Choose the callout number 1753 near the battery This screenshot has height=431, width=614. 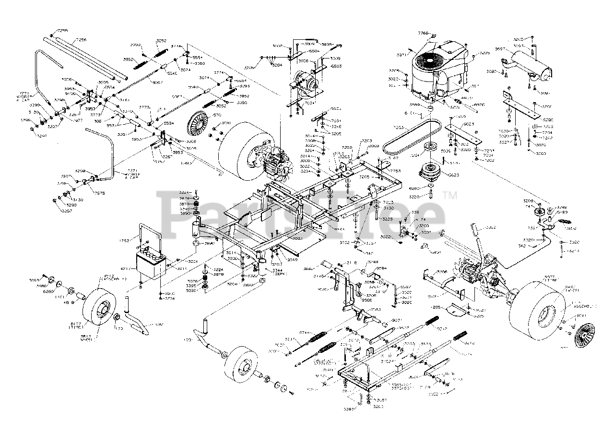click(x=125, y=240)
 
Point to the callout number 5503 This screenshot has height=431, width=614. click(x=336, y=66)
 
